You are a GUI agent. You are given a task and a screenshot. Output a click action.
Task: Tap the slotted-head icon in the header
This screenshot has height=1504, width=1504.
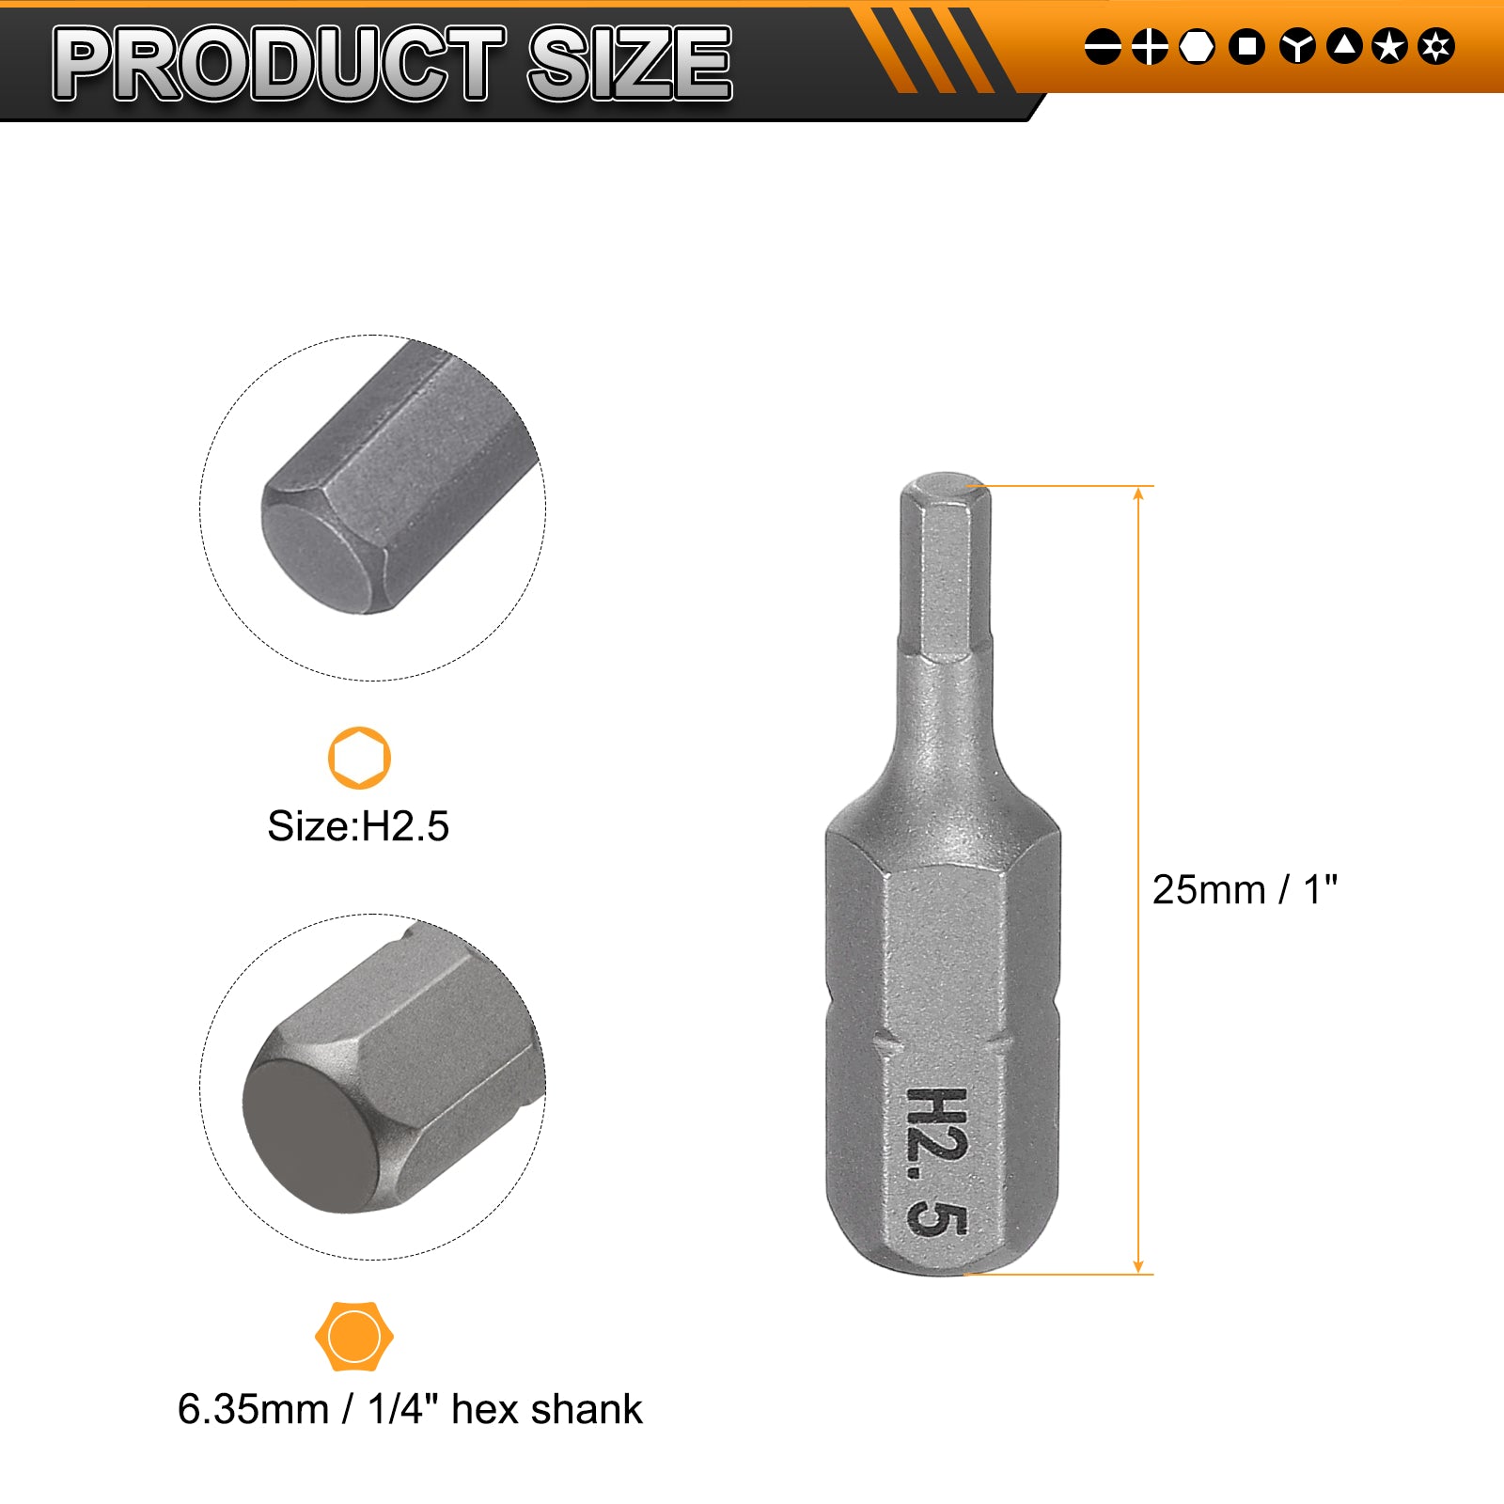pos(1103,46)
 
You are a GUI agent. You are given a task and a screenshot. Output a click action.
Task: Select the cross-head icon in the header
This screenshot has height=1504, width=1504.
pos(1150,46)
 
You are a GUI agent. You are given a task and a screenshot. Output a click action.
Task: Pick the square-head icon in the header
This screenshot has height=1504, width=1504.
pos(1247,46)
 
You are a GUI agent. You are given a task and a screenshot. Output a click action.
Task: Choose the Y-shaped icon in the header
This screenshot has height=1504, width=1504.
pos(1297,46)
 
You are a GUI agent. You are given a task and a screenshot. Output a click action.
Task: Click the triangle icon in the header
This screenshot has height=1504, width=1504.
pos(1344,46)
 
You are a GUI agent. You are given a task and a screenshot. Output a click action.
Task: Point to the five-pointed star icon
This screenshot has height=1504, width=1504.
pos(1389,46)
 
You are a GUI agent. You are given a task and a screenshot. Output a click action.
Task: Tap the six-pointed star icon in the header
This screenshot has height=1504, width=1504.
pos(1436,46)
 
